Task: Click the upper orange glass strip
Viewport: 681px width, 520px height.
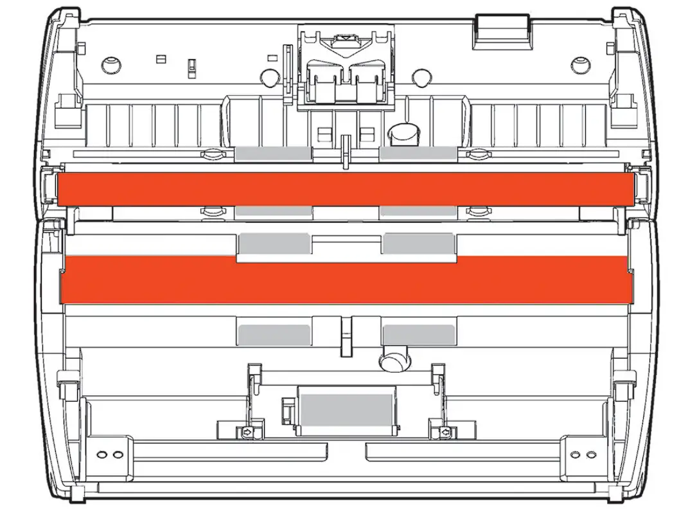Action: pyautogui.click(x=344, y=189)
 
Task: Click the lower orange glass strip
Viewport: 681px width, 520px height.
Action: pyautogui.click(x=344, y=280)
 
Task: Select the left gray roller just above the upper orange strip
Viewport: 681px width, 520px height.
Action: pyautogui.click(x=274, y=153)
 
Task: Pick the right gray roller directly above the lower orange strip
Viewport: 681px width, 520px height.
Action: pyautogui.click(x=418, y=244)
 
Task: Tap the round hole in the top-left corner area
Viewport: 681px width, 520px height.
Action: pyautogui.click(x=111, y=64)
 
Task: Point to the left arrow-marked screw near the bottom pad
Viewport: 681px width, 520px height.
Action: pyautogui.click(x=247, y=433)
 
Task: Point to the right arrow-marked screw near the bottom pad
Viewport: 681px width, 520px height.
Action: pyautogui.click(x=444, y=433)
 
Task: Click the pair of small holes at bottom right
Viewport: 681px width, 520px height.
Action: pyautogui.click(x=584, y=454)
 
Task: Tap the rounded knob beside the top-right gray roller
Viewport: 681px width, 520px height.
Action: pyautogui.click(x=403, y=131)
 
